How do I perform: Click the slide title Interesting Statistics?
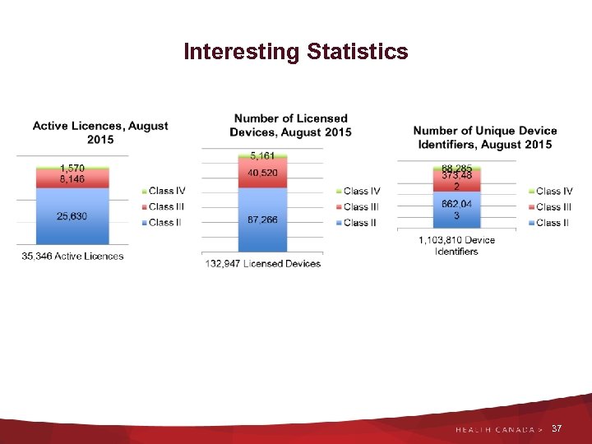(x=295, y=52)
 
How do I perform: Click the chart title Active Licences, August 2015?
(x=100, y=132)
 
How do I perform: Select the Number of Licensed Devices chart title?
(x=290, y=126)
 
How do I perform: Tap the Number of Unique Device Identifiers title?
(x=484, y=137)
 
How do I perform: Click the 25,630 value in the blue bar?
(x=72, y=216)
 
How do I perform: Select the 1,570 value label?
(x=72, y=168)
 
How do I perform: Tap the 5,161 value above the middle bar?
(x=262, y=155)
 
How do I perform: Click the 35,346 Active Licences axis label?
(x=72, y=256)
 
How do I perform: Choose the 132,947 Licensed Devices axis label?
(x=262, y=264)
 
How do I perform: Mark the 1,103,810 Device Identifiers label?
(x=456, y=246)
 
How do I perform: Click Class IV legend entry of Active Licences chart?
(x=166, y=192)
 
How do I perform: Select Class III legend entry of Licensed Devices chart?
(x=361, y=207)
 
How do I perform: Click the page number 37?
(x=557, y=429)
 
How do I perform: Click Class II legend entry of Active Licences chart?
(x=164, y=223)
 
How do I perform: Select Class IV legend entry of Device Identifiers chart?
(x=553, y=192)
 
